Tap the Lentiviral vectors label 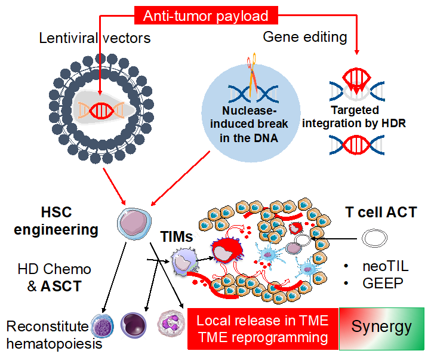94,39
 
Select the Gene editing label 305,37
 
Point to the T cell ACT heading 380,212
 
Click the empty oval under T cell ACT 378,239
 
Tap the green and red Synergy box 381,327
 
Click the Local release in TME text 262,321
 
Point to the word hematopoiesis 54,344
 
